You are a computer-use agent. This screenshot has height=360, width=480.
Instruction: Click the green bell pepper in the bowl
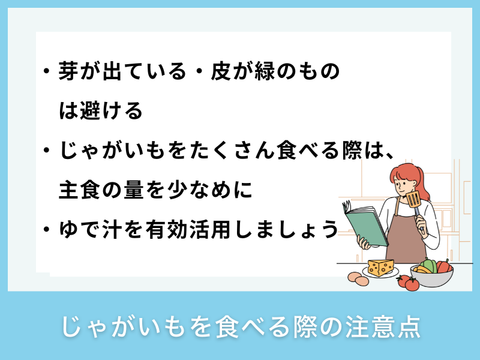[428, 265]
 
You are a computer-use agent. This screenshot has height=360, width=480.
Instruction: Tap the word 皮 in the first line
[222, 73]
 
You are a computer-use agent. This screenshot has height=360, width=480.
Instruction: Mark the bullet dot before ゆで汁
[46, 229]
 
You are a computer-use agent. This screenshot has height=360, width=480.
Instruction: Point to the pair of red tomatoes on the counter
[408, 281]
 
